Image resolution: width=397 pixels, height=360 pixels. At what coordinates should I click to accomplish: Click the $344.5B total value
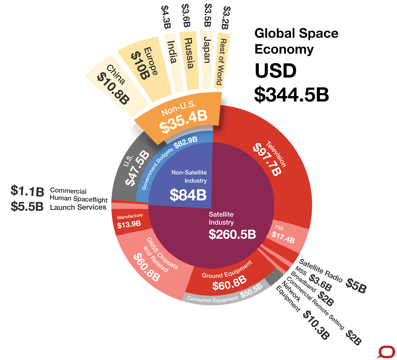coord(291,94)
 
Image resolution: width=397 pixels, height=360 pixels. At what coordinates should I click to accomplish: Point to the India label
coord(172,52)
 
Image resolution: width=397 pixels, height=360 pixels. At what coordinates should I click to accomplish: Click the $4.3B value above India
coord(166,17)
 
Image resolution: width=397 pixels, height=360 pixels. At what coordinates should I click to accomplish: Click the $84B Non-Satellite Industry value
coord(188,195)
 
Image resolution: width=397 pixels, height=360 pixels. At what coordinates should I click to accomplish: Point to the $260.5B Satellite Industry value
coord(232,234)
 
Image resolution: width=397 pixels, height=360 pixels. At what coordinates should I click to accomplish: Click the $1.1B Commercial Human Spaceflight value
coord(27,191)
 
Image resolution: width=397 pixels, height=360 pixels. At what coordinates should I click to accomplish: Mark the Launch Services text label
coord(78,207)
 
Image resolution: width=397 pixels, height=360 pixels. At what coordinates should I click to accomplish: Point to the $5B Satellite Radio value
coord(356,286)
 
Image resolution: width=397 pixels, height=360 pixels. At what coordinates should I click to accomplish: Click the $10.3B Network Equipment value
coord(316,325)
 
